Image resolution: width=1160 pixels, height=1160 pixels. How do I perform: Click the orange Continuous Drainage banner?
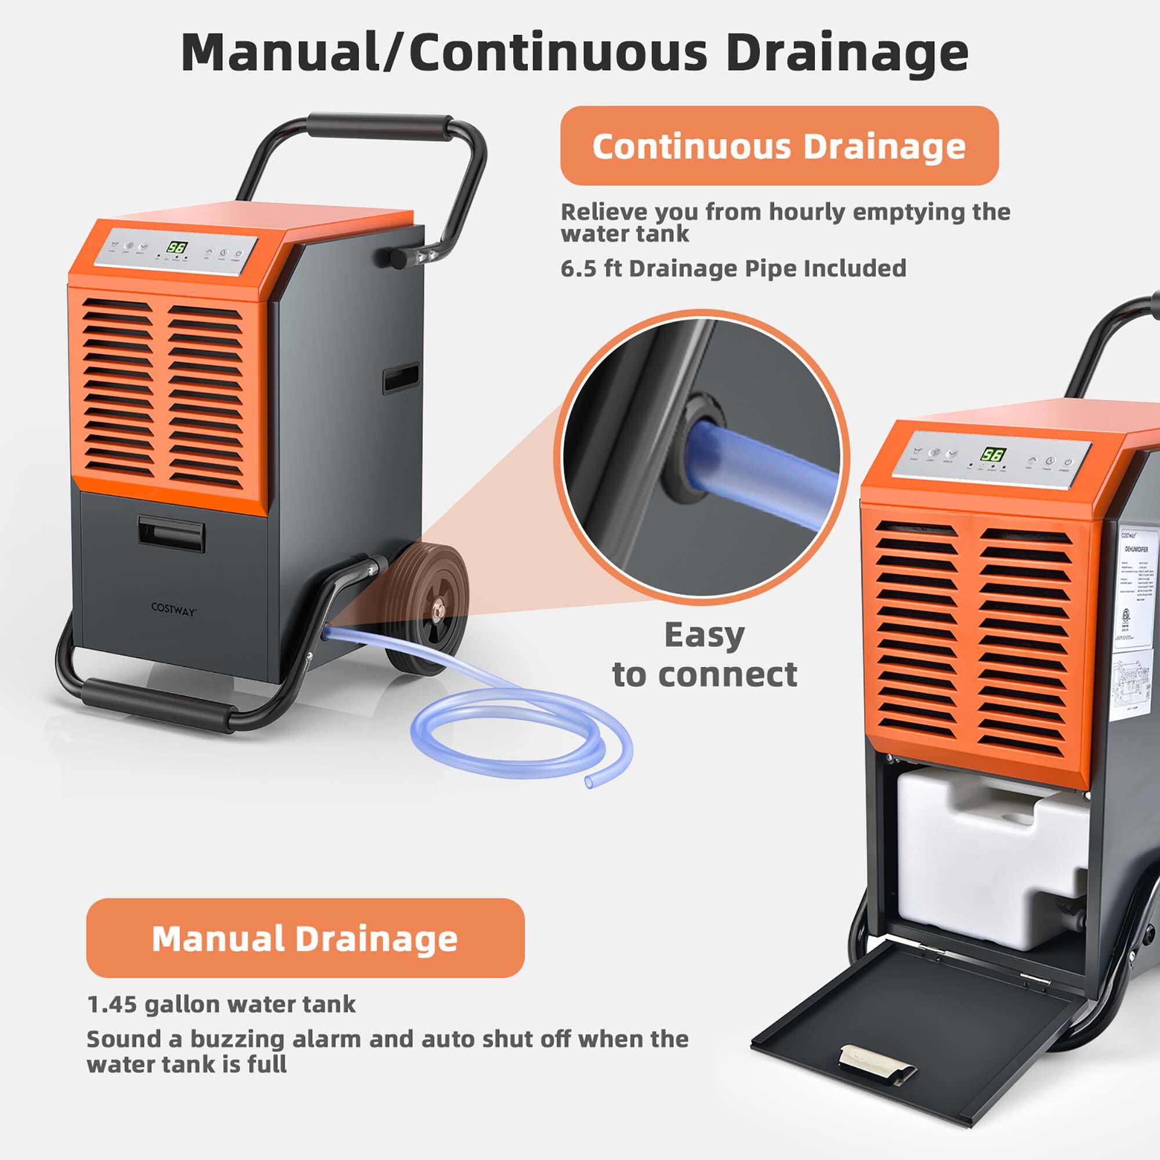click(779, 146)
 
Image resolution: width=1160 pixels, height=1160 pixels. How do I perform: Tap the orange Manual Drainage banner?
click(305, 938)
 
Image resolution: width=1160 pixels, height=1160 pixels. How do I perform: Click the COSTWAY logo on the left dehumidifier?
click(173, 609)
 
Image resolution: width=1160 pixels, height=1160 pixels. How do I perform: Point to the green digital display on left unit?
click(176, 248)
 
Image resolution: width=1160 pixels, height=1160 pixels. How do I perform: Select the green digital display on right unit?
click(994, 454)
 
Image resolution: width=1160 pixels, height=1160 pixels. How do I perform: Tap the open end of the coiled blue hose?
click(589, 782)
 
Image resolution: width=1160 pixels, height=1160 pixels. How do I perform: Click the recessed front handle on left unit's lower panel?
click(172, 533)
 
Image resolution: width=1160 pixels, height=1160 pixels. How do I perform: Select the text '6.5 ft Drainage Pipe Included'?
click(733, 269)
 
